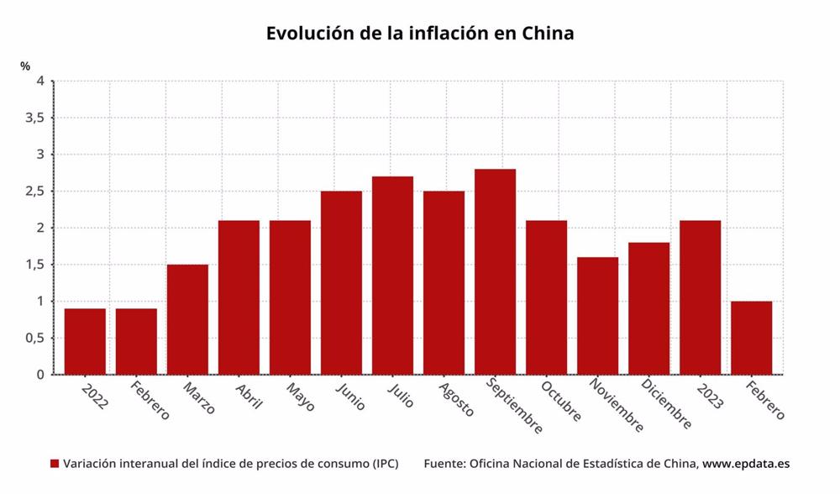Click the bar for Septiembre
click(x=495, y=271)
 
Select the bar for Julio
click(x=392, y=276)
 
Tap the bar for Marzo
click(x=187, y=319)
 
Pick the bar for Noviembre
click(x=597, y=316)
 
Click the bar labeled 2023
click(x=700, y=297)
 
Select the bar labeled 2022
click(x=85, y=341)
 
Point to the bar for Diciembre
click(x=648, y=308)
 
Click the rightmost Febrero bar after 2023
click(x=751, y=338)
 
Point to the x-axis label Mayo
click(x=299, y=397)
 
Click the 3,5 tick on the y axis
click(x=34, y=118)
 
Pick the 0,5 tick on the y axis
click(x=34, y=339)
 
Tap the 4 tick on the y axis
click(x=39, y=81)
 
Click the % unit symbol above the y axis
click(x=25, y=66)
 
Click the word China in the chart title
click(x=548, y=34)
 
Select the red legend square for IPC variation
click(x=55, y=464)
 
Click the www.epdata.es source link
click(x=746, y=464)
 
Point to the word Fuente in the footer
click(x=444, y=464)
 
